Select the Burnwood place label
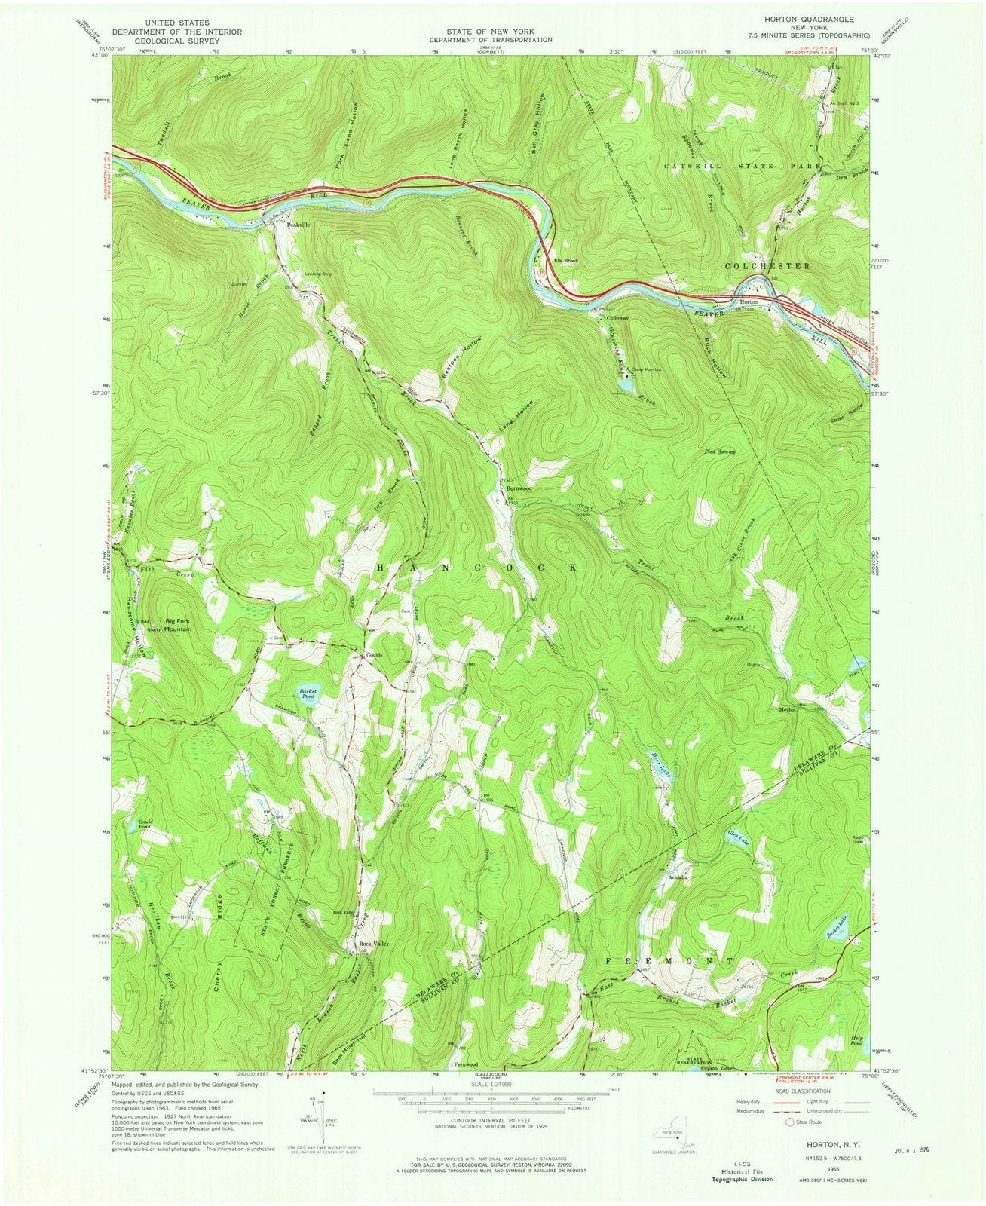pos(519,488)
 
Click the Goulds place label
pos(374,655)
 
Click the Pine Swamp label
pos(720,451)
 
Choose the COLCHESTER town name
pos(767,266)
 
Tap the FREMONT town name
pos(669,963)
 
